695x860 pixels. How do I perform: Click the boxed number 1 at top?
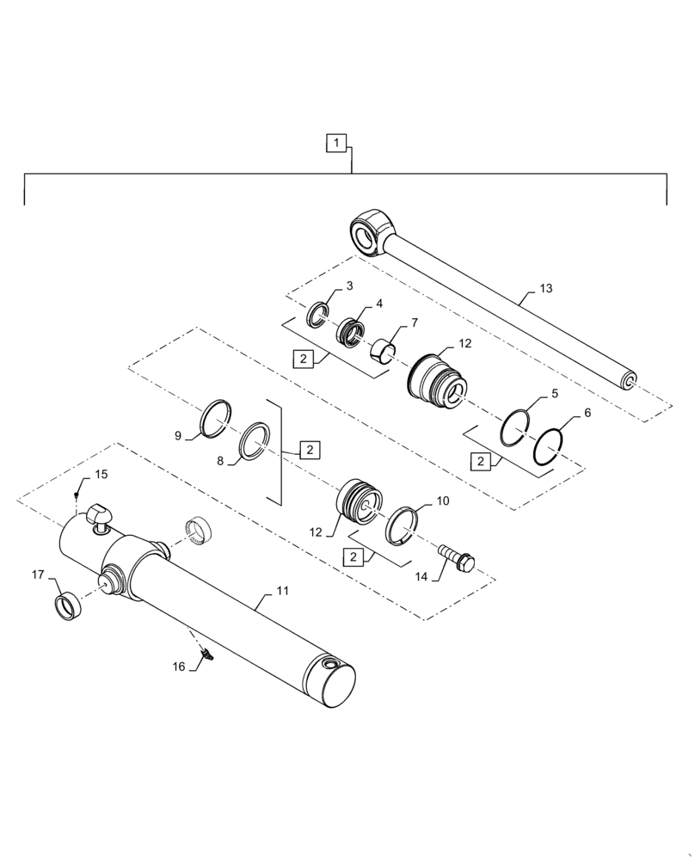(337, 142)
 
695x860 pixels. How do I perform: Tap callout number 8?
(219, 461)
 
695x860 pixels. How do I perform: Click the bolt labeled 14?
(456, 557)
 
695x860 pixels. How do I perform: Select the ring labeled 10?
(403, 525)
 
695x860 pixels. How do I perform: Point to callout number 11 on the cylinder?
(282, 592)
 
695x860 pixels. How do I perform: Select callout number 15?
(101, 474)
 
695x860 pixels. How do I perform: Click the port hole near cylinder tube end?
(330, 665)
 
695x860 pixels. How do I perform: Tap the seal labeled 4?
(351, 330)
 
